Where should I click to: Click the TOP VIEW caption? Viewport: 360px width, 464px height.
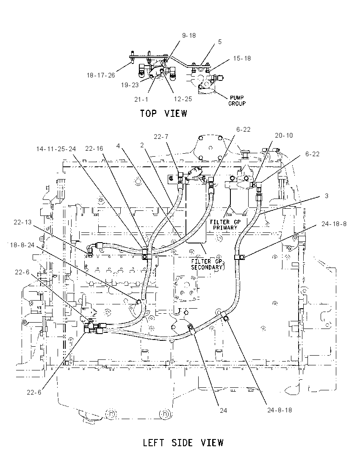(x=163, y=113)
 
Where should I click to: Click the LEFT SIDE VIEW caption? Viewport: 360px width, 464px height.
(x=183, y=443)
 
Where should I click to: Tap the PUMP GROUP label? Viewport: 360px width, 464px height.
(x=237, y=101)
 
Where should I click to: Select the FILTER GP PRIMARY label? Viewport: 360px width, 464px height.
(x=225, y=225)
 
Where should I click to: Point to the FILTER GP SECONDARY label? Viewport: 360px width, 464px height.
(x=207, y=264)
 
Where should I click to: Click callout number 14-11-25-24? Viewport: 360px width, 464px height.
(x=56, y=149)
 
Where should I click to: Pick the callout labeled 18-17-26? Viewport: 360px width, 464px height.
(x=101, y=75)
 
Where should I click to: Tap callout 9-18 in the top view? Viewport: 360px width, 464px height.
(x=189, y=36)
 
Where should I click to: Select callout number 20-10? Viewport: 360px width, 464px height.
(x=284, y=135)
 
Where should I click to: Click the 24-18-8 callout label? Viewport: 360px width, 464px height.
(x=334, y=224)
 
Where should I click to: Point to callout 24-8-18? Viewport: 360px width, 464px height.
(x=280, y=410)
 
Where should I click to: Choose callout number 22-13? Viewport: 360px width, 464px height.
(x=22, y=222)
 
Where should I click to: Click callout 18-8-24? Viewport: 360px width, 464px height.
(x=22, y=245)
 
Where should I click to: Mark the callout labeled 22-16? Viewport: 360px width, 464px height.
(x=94, y=149)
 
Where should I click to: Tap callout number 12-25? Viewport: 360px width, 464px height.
(x=183, y=99)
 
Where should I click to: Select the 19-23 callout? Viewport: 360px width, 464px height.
(x=130, y=85)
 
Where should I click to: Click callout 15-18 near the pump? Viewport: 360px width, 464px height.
(x=242, y=58)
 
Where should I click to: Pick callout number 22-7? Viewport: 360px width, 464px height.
(x=161, y=136)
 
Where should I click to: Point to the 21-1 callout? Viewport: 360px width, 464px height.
(x=141, y=99)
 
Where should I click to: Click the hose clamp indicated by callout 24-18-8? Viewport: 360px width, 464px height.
(x=239, y=257)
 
